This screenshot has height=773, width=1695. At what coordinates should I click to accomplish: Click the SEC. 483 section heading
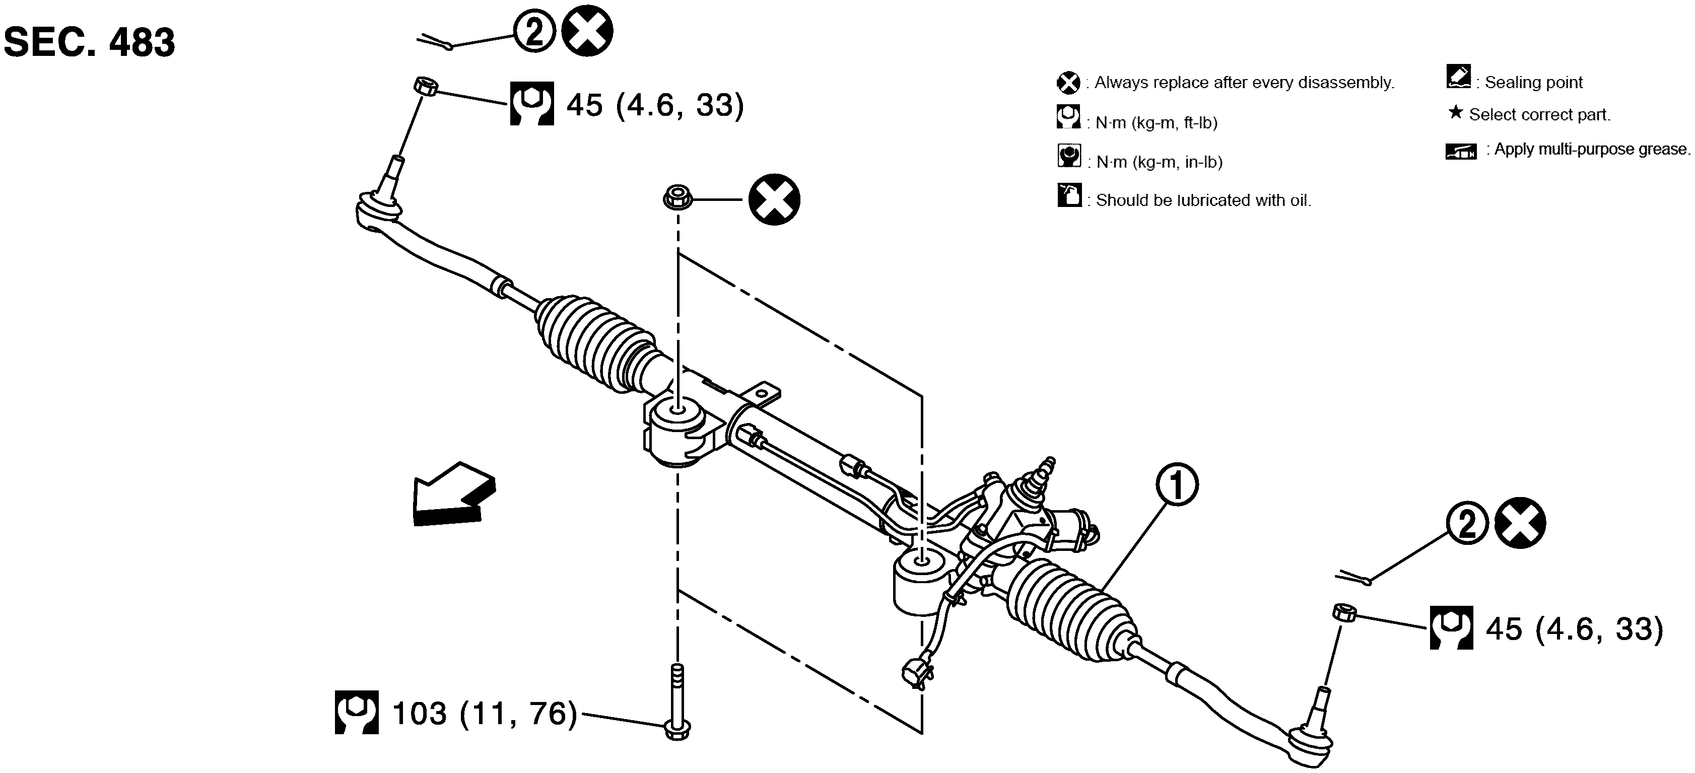90,43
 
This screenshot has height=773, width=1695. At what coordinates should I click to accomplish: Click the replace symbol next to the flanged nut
775,199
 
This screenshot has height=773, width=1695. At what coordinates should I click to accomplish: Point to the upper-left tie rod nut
426,86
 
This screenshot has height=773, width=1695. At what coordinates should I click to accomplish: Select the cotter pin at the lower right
1353,578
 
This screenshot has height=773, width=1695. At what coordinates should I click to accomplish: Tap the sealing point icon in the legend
1459,77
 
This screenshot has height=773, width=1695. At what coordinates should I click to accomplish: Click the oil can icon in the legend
1069,195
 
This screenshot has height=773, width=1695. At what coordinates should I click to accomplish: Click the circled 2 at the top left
534,33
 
